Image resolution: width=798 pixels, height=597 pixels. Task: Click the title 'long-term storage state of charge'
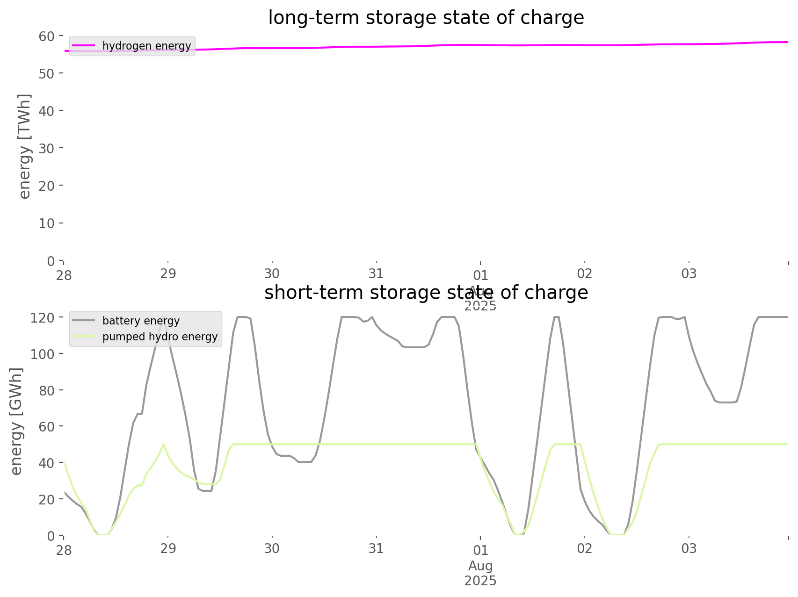click(x=426, y=18)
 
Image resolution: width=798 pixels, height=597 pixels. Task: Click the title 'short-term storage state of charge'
click(x=426, y=293)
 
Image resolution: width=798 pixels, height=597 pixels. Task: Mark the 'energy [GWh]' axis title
click(x=16, y=421)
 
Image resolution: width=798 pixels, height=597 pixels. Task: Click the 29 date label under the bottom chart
click(x=168, y=548)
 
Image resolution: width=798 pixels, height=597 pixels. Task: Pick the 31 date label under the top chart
click(x=376, y=273)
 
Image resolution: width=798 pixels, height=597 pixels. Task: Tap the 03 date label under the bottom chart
click(x=689, y=548)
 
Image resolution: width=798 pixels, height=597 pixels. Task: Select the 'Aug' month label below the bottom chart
click(x=480, y=566)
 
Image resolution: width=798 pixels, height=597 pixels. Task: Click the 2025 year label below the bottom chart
click(x=480, y=581)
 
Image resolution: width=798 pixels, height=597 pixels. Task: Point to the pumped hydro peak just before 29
click(x=163, y=444)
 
